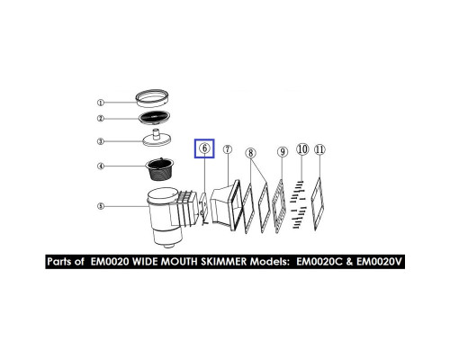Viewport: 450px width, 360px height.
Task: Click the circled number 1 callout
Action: pyautogui.click(x=101, y=103)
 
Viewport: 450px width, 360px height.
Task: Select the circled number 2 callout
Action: pyautogui.click(x=101, y=119)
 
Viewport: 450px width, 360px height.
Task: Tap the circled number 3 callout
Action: pyautogui.click(x=101, y=141)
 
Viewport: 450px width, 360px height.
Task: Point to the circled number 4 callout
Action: pyautogui.click(x=101, y=166)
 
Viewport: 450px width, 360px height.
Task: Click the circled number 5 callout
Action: pyautogui.click(x=101, y=206)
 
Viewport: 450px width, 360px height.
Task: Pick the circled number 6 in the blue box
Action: pyautogui.click(x=204, y=148)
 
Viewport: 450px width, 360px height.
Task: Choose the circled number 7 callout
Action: pyautogui.click(x=228, y=149)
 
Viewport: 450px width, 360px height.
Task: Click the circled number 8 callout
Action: pyautogui.click(x=250, y=153)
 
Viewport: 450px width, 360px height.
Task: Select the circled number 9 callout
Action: pyautogui.click(x=283, y=152)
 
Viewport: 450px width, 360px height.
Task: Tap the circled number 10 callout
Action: pyautogui.click(x=302, y=148)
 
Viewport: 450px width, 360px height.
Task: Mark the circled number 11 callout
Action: pyautogui.click(x=319, y=149)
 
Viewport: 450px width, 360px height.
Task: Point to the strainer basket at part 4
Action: pyautogui.click(x=159, y=169)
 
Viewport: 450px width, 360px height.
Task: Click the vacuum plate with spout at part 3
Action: pyautogui.click(x=157, y=139)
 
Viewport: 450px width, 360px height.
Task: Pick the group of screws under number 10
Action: pyautogui.click(x=299, y=205)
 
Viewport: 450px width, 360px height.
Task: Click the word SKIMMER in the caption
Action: pyautogui.click(x=223, y=262)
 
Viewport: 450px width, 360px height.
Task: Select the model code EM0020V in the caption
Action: pyautogui.click(x=379, y=262)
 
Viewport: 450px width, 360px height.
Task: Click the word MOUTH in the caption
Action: pyautogui.click(x=179, y=262)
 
